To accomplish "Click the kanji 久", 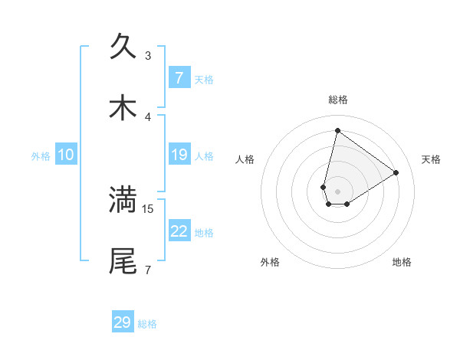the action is coord(123,47).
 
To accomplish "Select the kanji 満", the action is coord(123,200).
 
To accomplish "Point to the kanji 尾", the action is coord(123,261).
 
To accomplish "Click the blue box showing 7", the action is coord(179,78).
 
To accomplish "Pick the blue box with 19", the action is coord(179,155).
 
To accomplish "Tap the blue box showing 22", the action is coord(179,231).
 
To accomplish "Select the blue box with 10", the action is coord(66,155).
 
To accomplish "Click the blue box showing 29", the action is coord(123,322).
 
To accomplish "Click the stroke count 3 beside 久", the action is coord(148,55).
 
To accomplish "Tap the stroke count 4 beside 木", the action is coord(148,116).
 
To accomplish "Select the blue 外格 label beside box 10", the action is coord(41,155).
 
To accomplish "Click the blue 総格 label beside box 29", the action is coord(147,323).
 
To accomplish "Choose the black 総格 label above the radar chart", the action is coord(337,100).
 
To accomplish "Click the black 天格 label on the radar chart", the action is coord(431,159).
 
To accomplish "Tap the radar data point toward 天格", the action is coord(396,172).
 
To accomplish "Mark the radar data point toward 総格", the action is coord(337,130).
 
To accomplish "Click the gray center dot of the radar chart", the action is coord(337,191).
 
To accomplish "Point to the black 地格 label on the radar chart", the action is coord(402,262).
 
